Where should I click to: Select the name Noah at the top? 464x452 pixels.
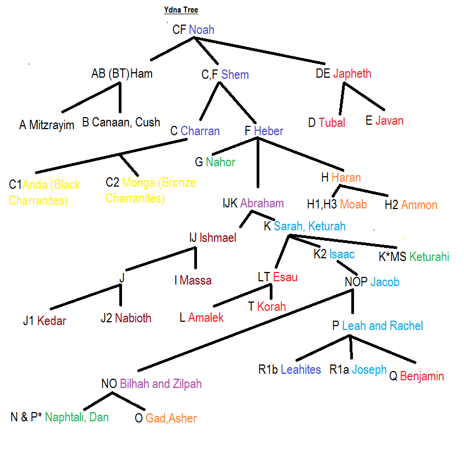click(201, 30)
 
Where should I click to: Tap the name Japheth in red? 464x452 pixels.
click(352, 74)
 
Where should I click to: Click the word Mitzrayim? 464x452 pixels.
click(51, 125)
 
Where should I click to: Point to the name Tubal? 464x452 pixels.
click(332, 123)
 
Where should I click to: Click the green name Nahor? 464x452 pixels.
click(221, 162)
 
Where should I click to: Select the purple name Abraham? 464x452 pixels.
click(262, 204)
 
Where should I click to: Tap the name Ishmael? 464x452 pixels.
click(218, 237)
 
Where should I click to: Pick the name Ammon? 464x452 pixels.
click(419, 205)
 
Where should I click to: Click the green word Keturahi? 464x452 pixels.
click(429, 256)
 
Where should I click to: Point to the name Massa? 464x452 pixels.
click(195, 281)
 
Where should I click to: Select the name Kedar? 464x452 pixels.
click(51, 321)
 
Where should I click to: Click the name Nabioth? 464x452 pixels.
click(133, 318)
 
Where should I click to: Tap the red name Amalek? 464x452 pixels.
click(206, 317)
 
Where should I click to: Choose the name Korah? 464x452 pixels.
click(271, 306)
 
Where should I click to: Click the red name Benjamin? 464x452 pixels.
click(422, 376)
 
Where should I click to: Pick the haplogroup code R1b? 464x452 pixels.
click(268, 370)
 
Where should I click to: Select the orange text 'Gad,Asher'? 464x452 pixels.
click(171, 419)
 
